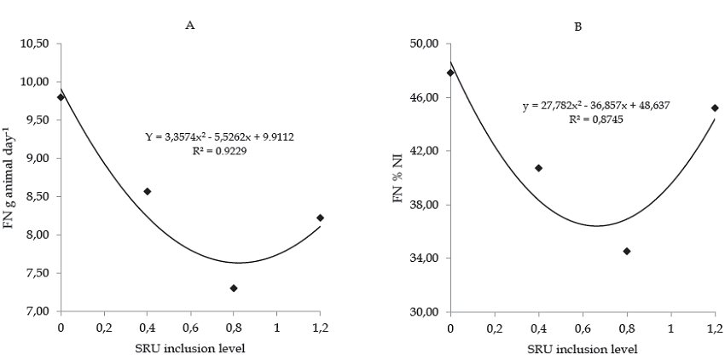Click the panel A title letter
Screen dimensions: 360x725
point(190,25)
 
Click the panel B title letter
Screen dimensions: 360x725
point(577,27)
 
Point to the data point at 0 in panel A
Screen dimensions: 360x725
point(61,97)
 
